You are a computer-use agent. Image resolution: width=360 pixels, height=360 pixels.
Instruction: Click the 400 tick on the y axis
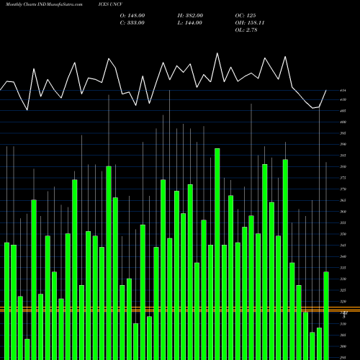(343, 122)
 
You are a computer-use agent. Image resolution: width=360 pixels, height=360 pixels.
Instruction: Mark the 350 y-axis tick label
(343, 234)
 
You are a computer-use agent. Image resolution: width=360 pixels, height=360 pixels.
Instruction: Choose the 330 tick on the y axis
(343, 279)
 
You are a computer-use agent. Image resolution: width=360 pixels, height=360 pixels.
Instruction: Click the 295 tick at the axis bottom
(343, 357)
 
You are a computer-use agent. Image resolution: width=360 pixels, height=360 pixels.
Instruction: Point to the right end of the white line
(326, 90)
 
